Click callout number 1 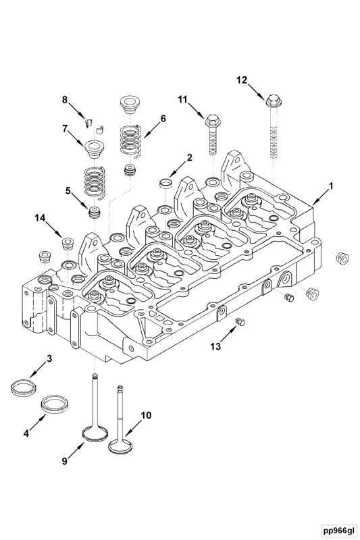[331, 184]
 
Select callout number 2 [190, 157]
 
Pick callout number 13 [215, 346]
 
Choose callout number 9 [65, 462]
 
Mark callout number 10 [146, 415]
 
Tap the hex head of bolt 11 [210, 124]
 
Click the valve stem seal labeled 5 [96, 213]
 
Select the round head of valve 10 [121, 446]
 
